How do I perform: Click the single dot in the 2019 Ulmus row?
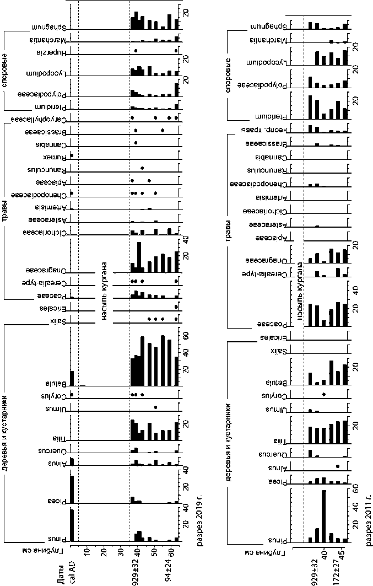[155, 407]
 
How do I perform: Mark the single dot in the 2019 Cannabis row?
[136, 143]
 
